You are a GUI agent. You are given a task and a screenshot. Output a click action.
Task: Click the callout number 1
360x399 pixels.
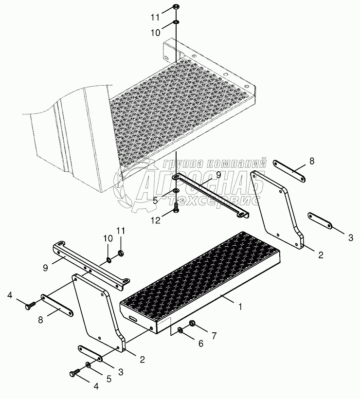click(x=240, y=307)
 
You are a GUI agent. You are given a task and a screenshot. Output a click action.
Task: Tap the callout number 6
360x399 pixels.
click(x=201, y=344)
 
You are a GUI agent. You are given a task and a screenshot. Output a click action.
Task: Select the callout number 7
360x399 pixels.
click(x=214, y=336)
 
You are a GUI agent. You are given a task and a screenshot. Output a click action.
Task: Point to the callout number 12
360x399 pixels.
click(x=156, y=220)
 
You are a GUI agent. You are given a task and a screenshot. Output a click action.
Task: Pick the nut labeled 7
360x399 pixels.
click(x=192, y=324)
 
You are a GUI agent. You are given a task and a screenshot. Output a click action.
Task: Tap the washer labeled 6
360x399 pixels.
click(x=180, y=330)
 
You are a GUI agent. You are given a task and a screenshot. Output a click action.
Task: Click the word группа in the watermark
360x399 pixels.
click(x=184, y=163)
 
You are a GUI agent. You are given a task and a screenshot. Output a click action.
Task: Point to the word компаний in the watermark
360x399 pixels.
click(x=236, y=163)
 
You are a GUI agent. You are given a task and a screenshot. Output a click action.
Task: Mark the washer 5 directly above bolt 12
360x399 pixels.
click(x=176, y=191)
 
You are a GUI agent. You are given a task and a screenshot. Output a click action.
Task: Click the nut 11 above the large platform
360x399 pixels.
click(x=176, y=7)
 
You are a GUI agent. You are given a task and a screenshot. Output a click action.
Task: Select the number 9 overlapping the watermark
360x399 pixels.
click(x=219, y=175)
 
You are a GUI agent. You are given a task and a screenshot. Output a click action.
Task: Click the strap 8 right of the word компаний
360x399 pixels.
click(x=289, y=171)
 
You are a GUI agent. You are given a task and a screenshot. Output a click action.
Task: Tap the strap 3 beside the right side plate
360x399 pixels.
click(x=320, y=221)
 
